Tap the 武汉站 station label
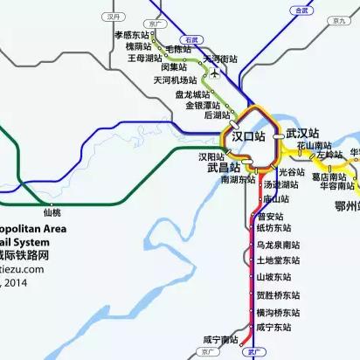point(303,134)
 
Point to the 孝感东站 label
point(133,35)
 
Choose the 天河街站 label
point(220,59)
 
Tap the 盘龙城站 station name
point(192,93)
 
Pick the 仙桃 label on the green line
point(52,211)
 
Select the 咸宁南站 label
point(218,339)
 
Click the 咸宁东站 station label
point(273,328)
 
